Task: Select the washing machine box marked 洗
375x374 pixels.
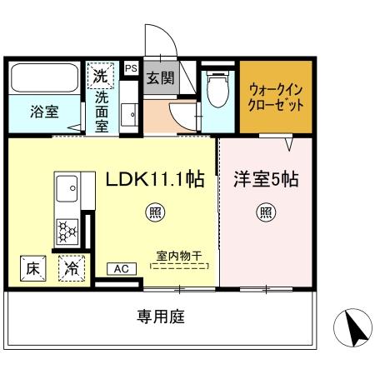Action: pos(101,76)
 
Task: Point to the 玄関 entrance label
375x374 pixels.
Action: pos(160,79)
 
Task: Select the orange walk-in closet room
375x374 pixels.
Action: pos(276,97)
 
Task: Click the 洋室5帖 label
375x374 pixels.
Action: pos(266,177)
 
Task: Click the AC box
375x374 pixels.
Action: pos(120,268)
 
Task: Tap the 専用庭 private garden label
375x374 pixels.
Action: pos(161,317)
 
